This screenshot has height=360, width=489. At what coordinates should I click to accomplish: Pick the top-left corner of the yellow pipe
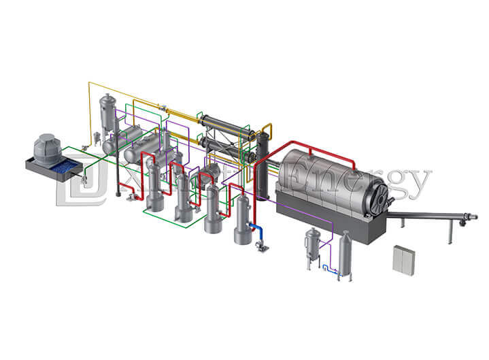[x=89, y=83]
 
